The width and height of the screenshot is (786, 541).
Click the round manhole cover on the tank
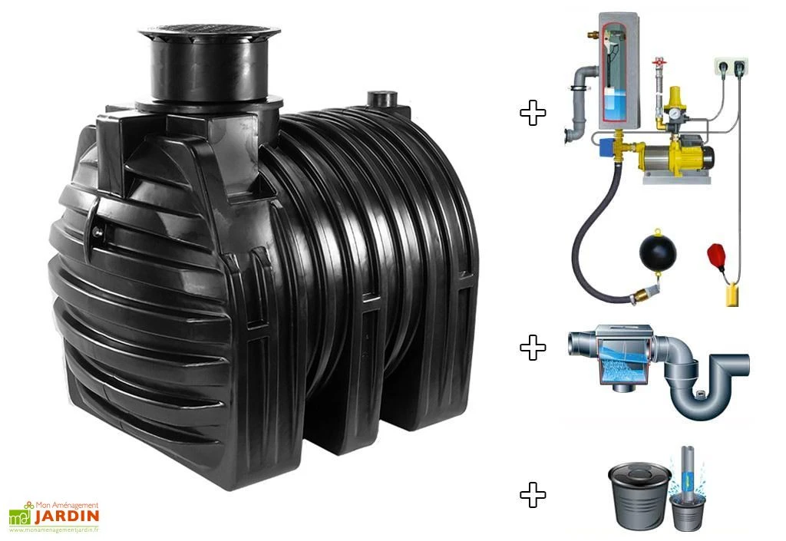209,33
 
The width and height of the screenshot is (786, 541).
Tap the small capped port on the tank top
381,99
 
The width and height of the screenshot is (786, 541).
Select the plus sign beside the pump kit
533,114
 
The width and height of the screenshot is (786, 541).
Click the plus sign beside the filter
533,348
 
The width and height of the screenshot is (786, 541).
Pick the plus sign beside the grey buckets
533,495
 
